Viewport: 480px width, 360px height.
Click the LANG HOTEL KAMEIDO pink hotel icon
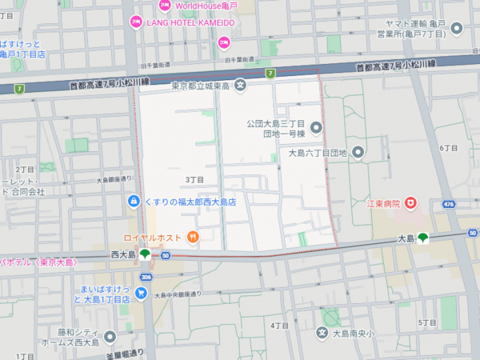click(x=136, y=22)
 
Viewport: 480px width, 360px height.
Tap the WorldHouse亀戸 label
click(x=207, y=6)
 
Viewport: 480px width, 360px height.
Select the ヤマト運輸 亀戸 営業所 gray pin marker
click(x=458, y=30)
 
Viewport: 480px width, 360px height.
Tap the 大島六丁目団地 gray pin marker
click(x=358, y=152)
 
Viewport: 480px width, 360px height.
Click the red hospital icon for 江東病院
click(x=411, y=204)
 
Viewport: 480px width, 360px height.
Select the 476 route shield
click(x=450, y=204)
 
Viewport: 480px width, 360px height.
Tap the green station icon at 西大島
click(x=144, y=254)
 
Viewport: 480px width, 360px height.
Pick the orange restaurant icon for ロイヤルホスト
click(x=192, y=237)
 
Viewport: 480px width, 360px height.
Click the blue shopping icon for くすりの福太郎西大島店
click(x=133, y=202)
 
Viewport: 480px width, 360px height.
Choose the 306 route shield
click(x=146, y=277)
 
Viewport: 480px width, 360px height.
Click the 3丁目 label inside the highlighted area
click(x=195, y=179)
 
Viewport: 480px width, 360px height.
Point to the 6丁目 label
click(x=449, y=148)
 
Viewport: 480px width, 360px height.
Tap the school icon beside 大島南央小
click(x=322, y=333)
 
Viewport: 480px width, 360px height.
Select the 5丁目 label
click(x=426, y=322)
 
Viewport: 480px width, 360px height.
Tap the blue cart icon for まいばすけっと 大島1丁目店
click(x=141, y=294)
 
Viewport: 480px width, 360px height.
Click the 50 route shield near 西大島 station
click(x=165, y=255)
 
